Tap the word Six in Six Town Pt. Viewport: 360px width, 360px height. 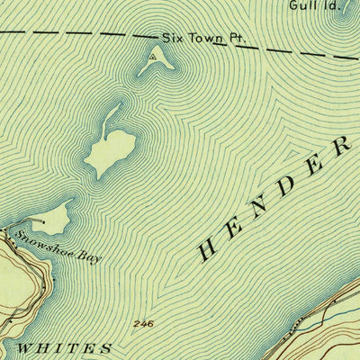(x=172, y=39)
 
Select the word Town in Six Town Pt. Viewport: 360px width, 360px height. (x=200, y=39)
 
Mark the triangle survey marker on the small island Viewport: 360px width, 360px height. (x=153, y=58)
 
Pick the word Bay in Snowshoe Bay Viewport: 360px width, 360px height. (x=90, y=258)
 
